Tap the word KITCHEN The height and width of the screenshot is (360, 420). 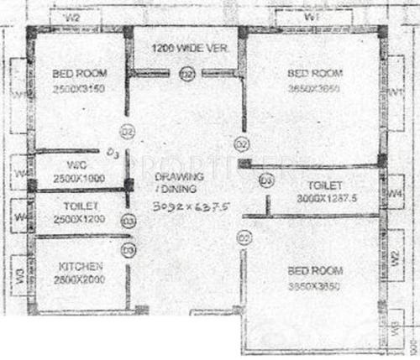(81, 267)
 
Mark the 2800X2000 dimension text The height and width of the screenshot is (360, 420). (81, 279)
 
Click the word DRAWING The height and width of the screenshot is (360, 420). (180, 177)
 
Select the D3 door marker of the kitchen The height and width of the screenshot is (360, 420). (128, 249)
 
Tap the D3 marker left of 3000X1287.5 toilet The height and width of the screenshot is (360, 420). (267, 180)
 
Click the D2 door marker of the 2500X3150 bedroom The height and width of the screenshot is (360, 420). (128, 131)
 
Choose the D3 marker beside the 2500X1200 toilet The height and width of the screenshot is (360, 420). (128, 221)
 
